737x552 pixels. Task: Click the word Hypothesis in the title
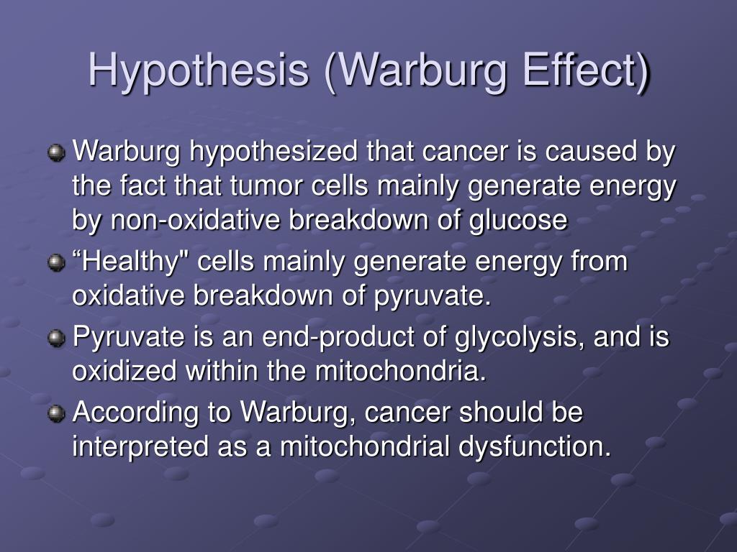click(x=199, y=71)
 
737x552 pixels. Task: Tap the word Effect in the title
click(x=586, y=70)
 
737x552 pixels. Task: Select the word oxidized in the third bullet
click(x=124, y=371)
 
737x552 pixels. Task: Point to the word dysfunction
click(x=535, y=446)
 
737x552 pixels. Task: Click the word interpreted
click(x=140, y=446)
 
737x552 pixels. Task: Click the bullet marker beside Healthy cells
click(x=56, y=262)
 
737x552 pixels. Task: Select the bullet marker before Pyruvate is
click(x=56, y=338)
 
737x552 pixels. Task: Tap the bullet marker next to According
click(x=56, y=413)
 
